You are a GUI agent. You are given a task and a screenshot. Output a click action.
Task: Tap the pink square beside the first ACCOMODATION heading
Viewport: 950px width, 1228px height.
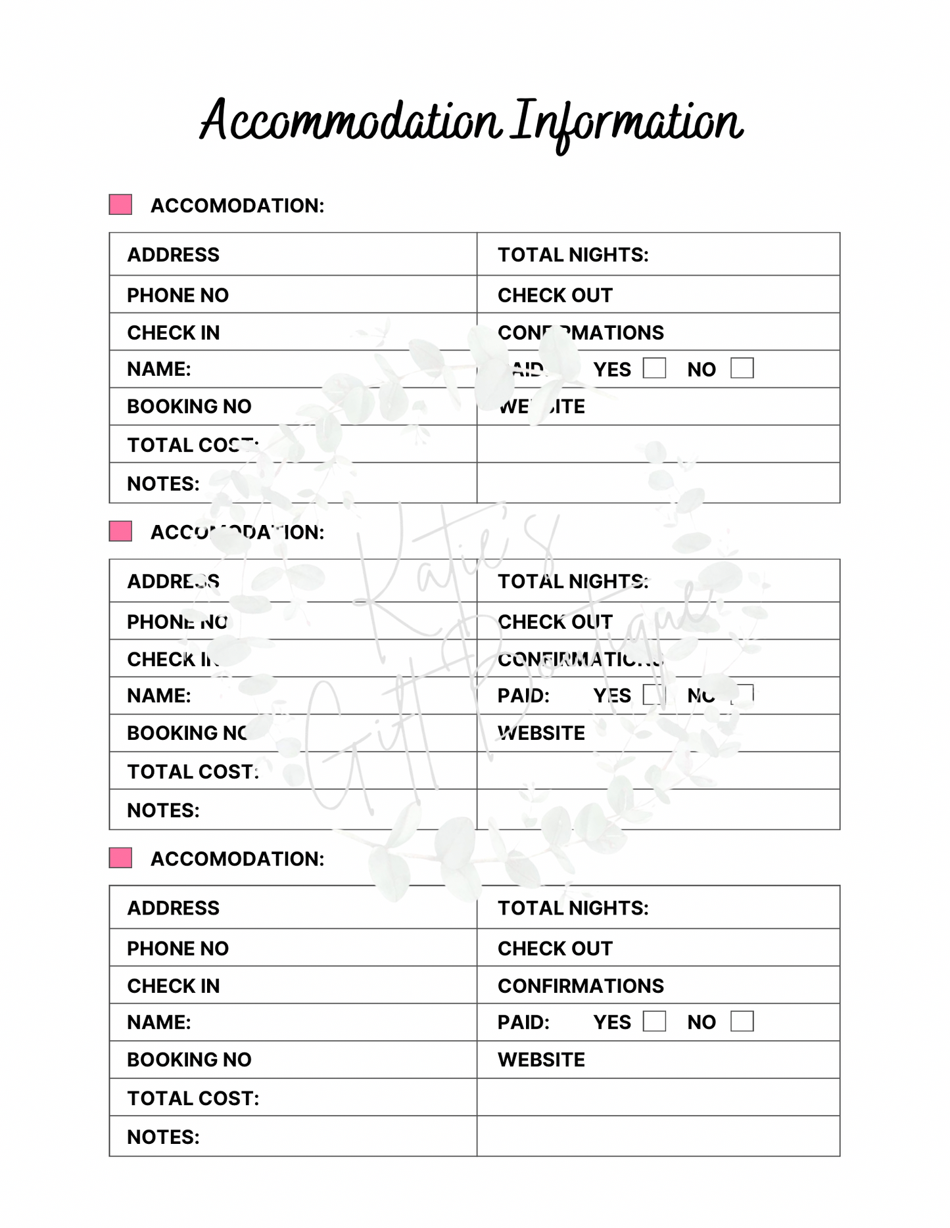(x=120, y=204)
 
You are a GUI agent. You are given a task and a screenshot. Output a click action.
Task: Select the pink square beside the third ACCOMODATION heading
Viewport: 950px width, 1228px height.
(x=120, y=857)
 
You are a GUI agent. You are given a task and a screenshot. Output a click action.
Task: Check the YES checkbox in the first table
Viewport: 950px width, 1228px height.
(x=654, y=368)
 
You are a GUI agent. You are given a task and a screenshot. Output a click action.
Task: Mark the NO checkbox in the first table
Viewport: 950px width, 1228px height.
(x=742, y=368)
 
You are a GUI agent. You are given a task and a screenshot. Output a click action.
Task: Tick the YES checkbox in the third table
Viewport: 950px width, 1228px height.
(x=654, y=1021)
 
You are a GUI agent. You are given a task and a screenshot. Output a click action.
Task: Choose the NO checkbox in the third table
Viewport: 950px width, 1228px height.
(x=742, y=1021)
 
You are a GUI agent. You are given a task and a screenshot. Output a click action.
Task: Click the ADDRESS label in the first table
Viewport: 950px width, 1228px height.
(x=173, y=255)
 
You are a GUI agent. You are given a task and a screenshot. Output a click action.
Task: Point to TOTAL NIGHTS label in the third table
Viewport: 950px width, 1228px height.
(x=573, y=908)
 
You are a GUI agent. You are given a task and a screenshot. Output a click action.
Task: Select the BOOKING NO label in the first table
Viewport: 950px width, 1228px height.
(x=189, y=407)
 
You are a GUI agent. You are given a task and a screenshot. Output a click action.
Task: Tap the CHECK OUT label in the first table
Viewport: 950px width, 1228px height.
(x=555, y=296)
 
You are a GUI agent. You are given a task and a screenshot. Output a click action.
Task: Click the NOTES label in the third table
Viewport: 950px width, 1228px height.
(x=163, y=1137)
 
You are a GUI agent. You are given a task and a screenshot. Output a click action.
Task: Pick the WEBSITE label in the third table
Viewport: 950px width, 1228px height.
(x=541, y=1060)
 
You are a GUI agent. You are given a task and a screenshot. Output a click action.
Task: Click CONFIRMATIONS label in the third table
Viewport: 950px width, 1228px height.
(x=581, y=986)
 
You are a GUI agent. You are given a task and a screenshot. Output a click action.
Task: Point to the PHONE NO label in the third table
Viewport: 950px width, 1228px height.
(x=178, y=949)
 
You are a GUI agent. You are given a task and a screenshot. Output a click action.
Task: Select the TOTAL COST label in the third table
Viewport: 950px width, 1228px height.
(x=193, y=1099)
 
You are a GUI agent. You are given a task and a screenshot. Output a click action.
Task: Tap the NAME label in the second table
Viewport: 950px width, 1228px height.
(x=158, y=696)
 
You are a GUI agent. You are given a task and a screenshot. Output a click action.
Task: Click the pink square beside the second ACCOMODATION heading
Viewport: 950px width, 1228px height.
(x=120, y=531)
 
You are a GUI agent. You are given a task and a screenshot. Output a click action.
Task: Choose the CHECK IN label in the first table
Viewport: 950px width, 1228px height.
(x=173, y=333)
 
